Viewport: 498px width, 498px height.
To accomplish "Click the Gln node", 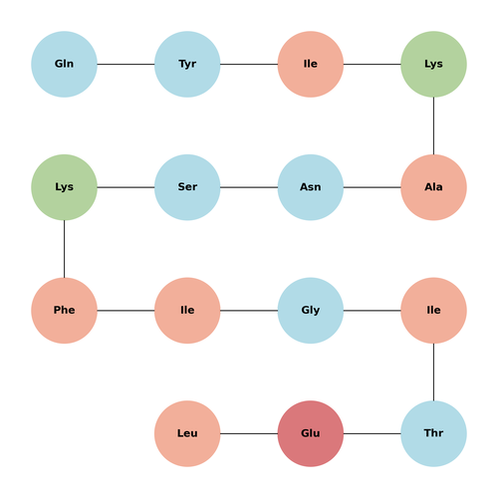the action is (x=64, y=64).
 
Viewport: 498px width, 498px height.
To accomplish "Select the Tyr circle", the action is (x=187, y=64).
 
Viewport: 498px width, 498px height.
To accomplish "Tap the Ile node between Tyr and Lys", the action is (x=311, y=64).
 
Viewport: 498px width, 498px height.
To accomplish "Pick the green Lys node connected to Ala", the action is (x=433, y=64).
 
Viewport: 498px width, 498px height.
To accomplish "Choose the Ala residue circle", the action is (x=433, y=187).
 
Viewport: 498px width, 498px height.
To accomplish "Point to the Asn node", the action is (x=311, y=187).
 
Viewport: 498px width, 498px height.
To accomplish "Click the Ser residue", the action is (x=187, y=187).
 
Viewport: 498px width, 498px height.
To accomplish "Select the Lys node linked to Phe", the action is (x=64, y=187).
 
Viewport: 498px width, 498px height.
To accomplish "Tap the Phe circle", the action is (x=64, y=311).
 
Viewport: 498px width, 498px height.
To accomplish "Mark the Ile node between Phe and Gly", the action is (x=187, y=311).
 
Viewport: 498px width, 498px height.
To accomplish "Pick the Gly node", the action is (x=311, y=311).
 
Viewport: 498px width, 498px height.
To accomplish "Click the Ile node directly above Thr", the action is (x=433, y=311).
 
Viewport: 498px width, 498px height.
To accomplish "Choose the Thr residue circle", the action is (x=433, y=433).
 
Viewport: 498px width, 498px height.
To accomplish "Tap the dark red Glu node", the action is (x=311, y=433).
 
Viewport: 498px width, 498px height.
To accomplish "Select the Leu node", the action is (x=187, y=433).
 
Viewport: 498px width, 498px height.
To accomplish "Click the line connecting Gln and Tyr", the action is (x=125, y=64).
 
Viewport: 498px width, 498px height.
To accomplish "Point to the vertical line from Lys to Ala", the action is (x=433, y=125).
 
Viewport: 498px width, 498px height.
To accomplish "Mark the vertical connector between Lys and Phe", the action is (x=64, y=249).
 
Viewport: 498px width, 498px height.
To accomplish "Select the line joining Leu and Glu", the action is (x=249, y=433).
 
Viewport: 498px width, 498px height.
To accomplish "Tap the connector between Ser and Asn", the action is (x=249, y=187).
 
